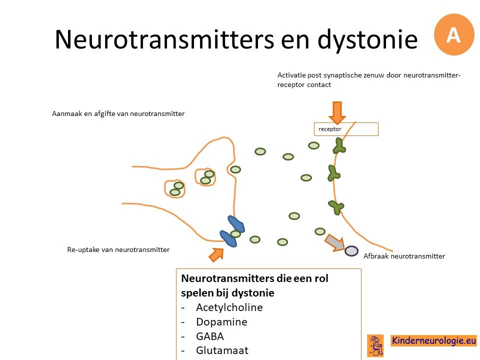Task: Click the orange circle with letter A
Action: pos(454,34)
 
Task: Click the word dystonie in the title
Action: pos(367,40)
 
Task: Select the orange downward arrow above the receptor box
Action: pos(337,112)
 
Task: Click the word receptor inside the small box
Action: pos(329,129)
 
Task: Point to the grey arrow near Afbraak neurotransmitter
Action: pos(334,242)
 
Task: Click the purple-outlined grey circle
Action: pos(351,251)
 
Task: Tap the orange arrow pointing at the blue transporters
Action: pos(216,254)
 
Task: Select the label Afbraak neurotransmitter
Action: pos(404,256)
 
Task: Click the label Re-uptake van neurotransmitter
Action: pos(118,250)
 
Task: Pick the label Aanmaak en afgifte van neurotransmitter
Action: pos(118,114)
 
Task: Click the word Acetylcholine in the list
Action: pos(229,307)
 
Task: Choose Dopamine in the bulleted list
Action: pos(221,322)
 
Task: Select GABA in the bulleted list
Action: pos(210,336)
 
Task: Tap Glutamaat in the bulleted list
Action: pos(222,350)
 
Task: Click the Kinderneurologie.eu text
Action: pos(434,340)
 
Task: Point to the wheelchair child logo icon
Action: pos(375,345)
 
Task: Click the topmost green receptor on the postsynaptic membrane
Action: pos(339,146)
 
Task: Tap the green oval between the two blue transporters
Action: pos(235,234)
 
